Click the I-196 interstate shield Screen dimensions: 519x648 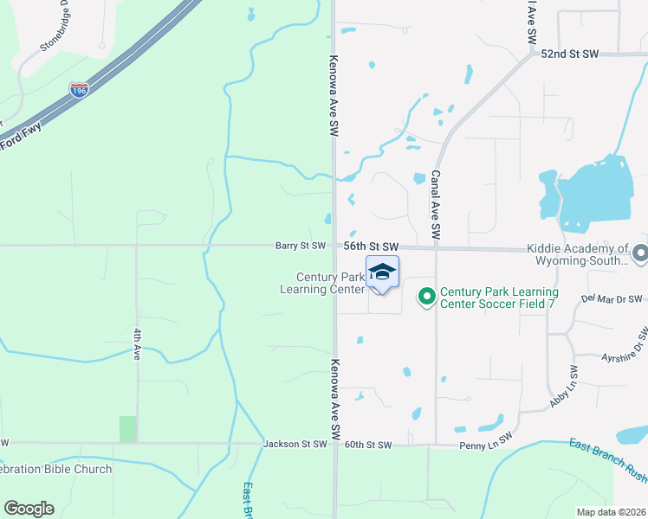[80, 89]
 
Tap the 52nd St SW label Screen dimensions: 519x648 [570, 54]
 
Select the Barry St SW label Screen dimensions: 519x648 [301, 246]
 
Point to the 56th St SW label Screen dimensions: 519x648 [370, 247]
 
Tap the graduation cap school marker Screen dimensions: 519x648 [382, 272]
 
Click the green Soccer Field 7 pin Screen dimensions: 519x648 [426, 297]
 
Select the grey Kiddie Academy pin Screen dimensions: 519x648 [640, 253]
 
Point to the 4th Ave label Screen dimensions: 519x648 [137, 342]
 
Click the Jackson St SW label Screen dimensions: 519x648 [296, 444]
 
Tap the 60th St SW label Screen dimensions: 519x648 [368, 445]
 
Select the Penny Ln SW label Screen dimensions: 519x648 [484, 445]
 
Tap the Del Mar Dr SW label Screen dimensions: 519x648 [612, 299]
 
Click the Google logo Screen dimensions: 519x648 [29, 509]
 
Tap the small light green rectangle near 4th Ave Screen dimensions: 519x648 [127, 429]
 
